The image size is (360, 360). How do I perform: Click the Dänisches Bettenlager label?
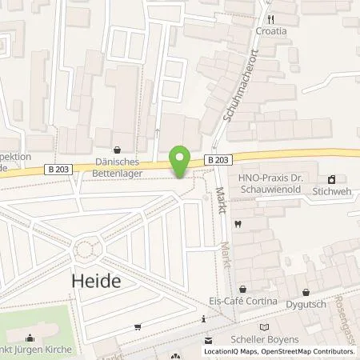click(118, 166)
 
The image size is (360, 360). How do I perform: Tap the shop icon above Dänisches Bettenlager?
click(118, 148)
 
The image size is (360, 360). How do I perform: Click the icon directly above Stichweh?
click(332, 178)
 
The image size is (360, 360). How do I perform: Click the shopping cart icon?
click(138, 326)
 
